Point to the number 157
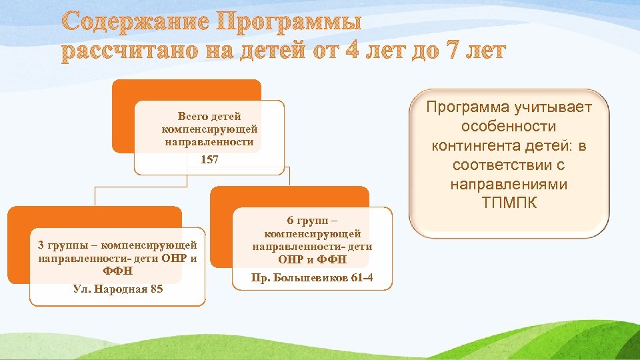pyautogui.click(x=209, y=161)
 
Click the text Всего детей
pyautogui.click(x=209, y=117)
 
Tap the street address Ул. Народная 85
pyautogui.click(x=118, y=289)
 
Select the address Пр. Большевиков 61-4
pyautogui.click(x=313, y=277)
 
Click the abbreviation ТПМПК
pyautogui.click(x=510, y=203)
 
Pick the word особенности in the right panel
pyautogui.click(x=510, y=126)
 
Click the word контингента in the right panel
pyautogui.click(x=477, y=145)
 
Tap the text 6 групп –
pyautogui.click(x=313, y=221)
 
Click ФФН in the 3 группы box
pyautogui.click(x=118, y=271)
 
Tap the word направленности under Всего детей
pyautogui.click(x=209, y=142)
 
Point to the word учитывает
pyautogui.click(x=553, y=107)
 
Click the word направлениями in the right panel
pyautogui.click(x=510, y=183)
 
